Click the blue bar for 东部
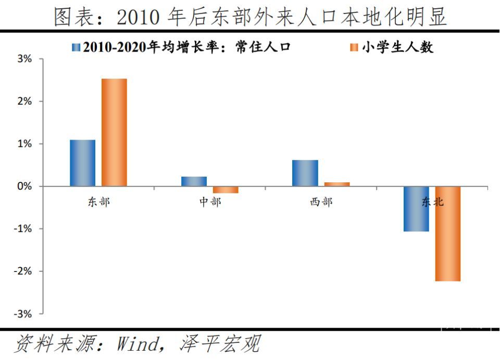click(83, 163)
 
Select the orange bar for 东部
click(114, 132)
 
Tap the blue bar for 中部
click(194, 181)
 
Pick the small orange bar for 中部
click(226, 190)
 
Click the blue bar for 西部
click(305, 173)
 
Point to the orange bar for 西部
click(337, 184)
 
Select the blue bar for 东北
click(416, 208)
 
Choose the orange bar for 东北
click(448, 233)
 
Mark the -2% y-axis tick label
click(24, 271)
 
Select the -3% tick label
click(24, 314)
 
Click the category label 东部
click(99, 202)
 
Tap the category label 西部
click(321, 202)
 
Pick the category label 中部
click(210, 202)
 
